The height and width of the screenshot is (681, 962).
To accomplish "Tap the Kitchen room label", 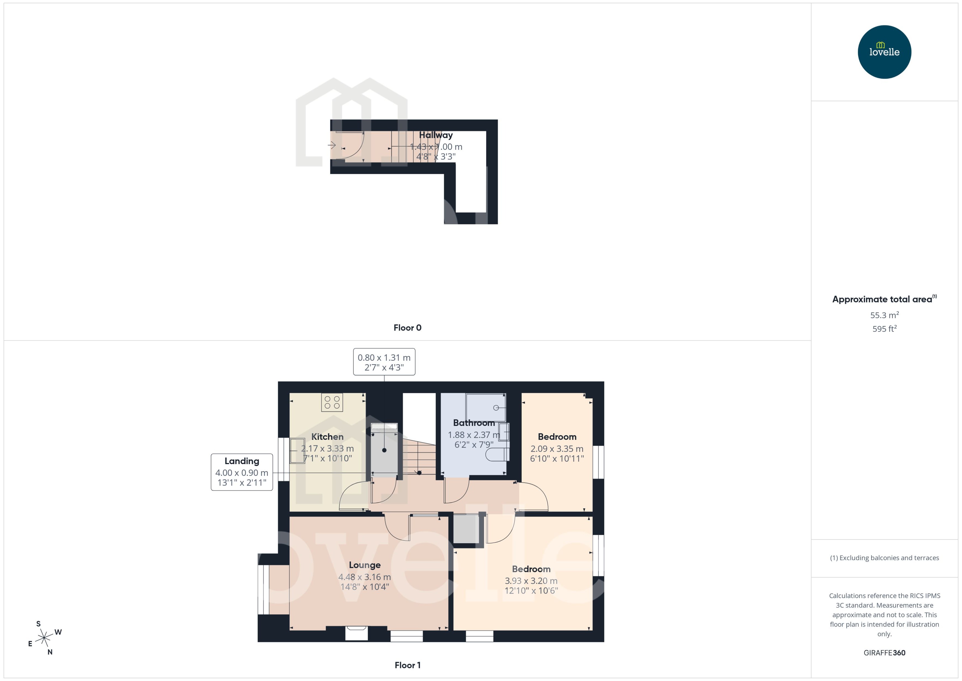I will pyautogui.click(x=327, y=437).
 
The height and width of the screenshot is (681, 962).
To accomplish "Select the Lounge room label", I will pyautogui.click(x=365, y=565).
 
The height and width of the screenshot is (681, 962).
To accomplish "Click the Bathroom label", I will pyautogui.click(x=474, y=423).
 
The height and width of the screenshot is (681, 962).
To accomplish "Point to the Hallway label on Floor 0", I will pyautogui.click(x=436, y=135).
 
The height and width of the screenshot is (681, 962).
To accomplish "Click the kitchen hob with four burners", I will pyautogui.click(x=332, y=402).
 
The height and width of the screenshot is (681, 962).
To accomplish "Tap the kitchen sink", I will pyautogui.click(x=297, y=450).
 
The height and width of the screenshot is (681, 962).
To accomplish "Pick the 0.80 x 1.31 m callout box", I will pyautogui.click(x=384, y=362).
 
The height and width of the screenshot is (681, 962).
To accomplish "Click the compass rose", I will pyautogui.click(x=44, y=638).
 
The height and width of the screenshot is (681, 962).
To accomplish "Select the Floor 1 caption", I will pyautogui.click(x=407, y=665).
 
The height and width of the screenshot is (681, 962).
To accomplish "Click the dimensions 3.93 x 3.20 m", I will pyautogui.click(x=531, y=581).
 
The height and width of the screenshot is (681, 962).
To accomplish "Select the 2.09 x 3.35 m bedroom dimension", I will pyautogui.click(x=557, y=449).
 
